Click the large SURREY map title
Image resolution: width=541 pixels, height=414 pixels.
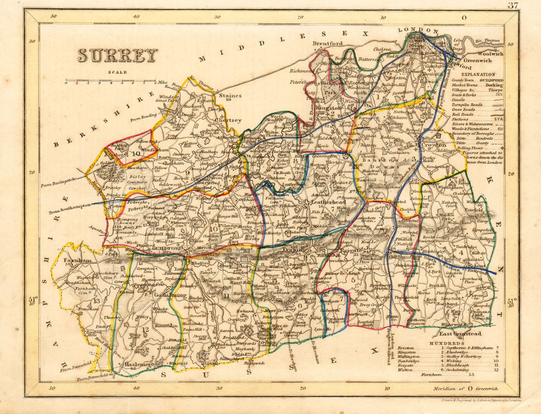point(117,55)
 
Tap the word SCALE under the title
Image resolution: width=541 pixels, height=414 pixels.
point(117,72)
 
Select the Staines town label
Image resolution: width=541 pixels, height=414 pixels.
point(232,95)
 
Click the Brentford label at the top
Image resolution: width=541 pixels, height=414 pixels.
point(327,43)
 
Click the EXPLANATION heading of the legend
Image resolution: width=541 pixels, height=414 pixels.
point(478,74)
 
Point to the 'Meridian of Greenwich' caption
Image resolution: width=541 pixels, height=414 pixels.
point(466,389)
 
